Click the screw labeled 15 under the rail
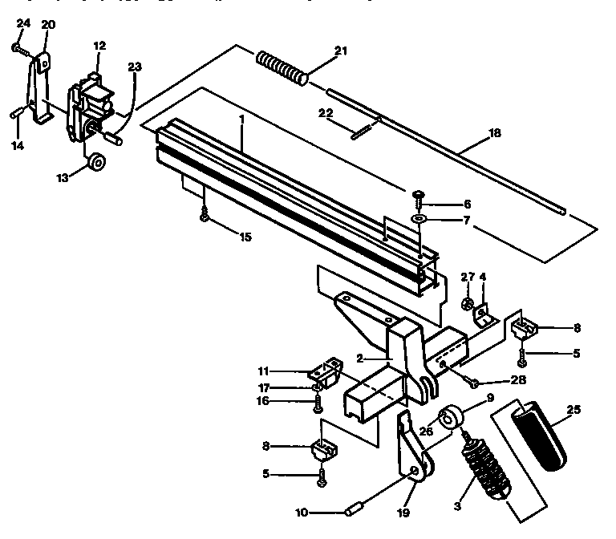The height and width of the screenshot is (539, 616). pyautogui.click(x=205, y=215)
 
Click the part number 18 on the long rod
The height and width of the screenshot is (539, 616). pyautogui.click(x=495, y=133)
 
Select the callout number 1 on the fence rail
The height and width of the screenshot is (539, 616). pyautogui.click(x=241, y=118)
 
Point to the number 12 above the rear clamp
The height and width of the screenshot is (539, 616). pyautogui.click(x=99, y=47)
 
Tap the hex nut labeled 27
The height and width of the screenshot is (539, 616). pyautogui.click(x=466, y=304)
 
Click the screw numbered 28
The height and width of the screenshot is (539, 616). pyautogui.click(x=471, y=380)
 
